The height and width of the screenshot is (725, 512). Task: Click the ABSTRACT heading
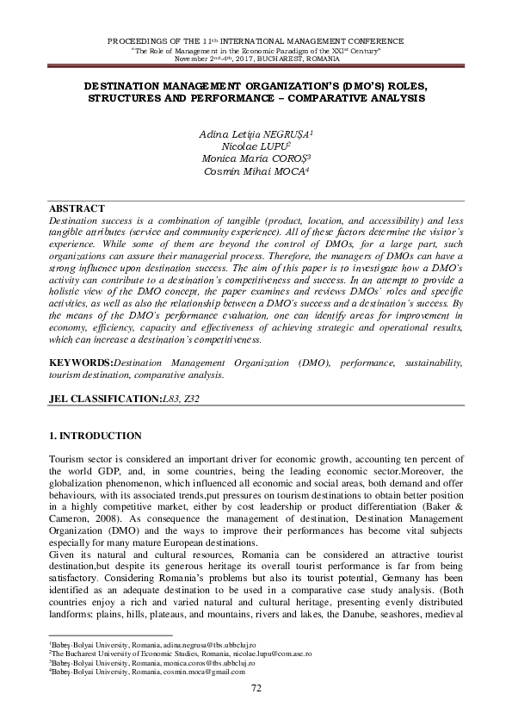77,208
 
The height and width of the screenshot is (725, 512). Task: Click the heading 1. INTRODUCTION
96,437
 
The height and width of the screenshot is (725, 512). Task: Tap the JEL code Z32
200,400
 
